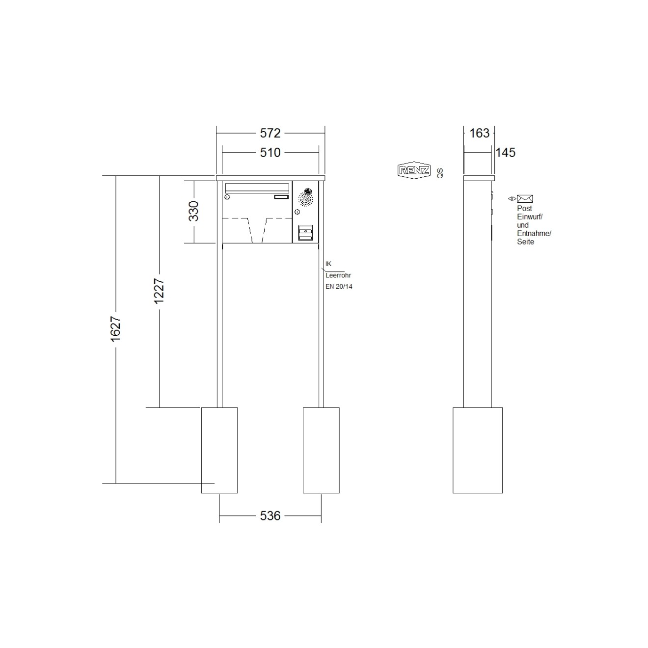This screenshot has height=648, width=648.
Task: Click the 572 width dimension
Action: (270, 133)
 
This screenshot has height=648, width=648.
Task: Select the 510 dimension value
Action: (270, 153)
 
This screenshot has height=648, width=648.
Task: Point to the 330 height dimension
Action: (194, 211)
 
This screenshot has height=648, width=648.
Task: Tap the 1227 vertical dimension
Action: (159, 291)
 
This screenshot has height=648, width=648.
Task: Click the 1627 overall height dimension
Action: (116, 329)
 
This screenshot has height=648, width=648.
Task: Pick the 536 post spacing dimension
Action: (270, 516)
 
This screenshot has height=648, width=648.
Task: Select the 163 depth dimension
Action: (479, 133)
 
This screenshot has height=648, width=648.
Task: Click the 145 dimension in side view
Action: (505, 153)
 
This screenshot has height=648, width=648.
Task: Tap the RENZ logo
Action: (413, 170)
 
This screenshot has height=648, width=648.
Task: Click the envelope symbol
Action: (525, 199)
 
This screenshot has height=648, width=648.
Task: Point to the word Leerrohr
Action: (338, 275)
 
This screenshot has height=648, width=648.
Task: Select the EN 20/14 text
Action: (339, 287)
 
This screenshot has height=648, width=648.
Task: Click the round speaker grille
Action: (306, 198)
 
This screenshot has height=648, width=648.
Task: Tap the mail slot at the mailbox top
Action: (256, 187)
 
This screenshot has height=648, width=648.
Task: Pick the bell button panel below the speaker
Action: (305, 233)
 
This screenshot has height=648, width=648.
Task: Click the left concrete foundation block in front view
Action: (219, 450)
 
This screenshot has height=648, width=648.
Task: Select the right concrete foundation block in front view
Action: (321, 450)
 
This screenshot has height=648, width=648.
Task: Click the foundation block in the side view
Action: (477, 450)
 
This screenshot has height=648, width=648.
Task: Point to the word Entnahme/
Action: (534, 234)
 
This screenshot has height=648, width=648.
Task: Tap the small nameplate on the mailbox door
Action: (281, 197)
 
